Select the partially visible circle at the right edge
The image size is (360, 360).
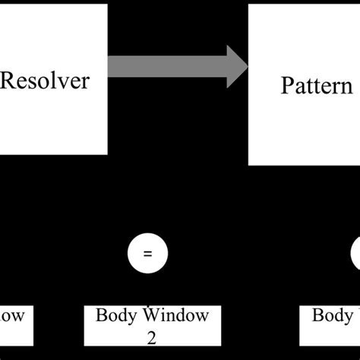pyautogui.click(x=355, y=255)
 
